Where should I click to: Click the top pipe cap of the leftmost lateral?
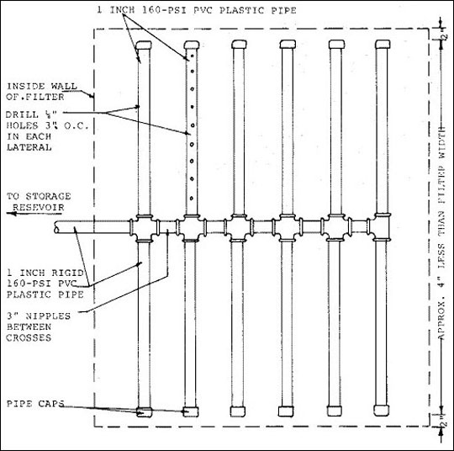pyautogui.click(x=144, y=45)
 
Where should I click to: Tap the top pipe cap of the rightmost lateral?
pyautogui.click(x=383, y=44)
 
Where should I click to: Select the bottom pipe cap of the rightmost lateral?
pyautogui.click(x=381, y=411)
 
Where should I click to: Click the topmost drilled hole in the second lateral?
pyautogui.click(x=192, y=55)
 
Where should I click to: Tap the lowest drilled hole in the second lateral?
pyautogui.click(x=192, y=199)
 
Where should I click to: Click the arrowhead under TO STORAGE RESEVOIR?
pyautogui.click(x=11, y=214)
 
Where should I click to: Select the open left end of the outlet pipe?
pyautogui.click(x=56, y=227)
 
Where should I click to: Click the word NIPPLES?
pyautogui.click(x=48, y=316)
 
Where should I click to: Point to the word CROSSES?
pyautogui.click(x=29, y=337)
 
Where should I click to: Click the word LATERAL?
pyautogui.click(x=29, y=147)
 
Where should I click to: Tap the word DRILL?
pyautogui.click(x=23, y=114)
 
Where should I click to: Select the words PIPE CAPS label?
pyautogui.click(x=35, y=404)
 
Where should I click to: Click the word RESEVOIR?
pyautogui.click(x=38, y=207)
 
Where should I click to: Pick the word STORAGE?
pyautogui.click(x=48, y=196)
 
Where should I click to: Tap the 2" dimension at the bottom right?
pyautogui.click(x=444, y=422)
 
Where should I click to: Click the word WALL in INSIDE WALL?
pyautogui.click(x=64, y=86)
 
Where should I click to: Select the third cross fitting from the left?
pyautogui.click(x=238, y=227)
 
